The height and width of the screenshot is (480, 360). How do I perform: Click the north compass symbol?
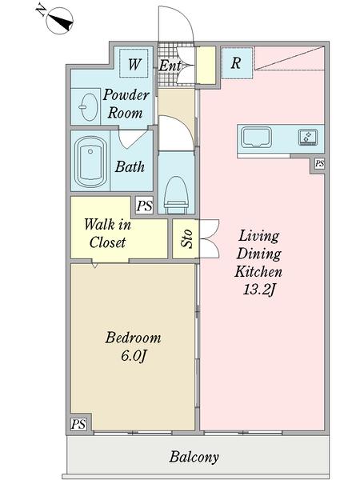[x=59, y=20]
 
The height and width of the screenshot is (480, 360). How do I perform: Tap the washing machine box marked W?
[x=134, y=64]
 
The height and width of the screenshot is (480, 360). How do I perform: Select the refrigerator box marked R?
[x=237, y=63]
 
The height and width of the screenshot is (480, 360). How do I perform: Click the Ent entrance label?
[x=170, y=66]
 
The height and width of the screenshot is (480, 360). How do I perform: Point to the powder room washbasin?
[x=89, y=107]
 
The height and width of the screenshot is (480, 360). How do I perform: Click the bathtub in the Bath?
[x=90, y=162]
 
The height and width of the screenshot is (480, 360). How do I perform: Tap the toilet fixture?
[x=176, y=195]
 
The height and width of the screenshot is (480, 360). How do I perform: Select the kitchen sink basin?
[x=256, y=138]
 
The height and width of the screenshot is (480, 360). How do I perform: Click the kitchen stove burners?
[x=308, y=137]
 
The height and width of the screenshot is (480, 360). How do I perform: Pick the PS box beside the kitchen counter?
[x=319, y=163]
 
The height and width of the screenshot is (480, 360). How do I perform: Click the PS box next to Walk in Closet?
[x=144, y=206]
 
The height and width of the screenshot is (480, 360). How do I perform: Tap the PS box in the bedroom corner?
[x=78, y=424]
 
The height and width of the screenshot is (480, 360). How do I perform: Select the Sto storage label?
[x=186, y=238]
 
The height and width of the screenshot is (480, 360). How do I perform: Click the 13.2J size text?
[x=258, y=290]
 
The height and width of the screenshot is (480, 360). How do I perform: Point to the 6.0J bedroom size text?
[x=133, y=356]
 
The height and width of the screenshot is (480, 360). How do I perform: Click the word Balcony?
[x=194, y=458]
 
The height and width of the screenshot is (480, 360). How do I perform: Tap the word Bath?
[x=130, y=167]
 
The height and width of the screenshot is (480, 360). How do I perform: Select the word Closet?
[x=107, y=242]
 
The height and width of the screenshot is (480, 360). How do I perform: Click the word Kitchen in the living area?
[x=258, y=271]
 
